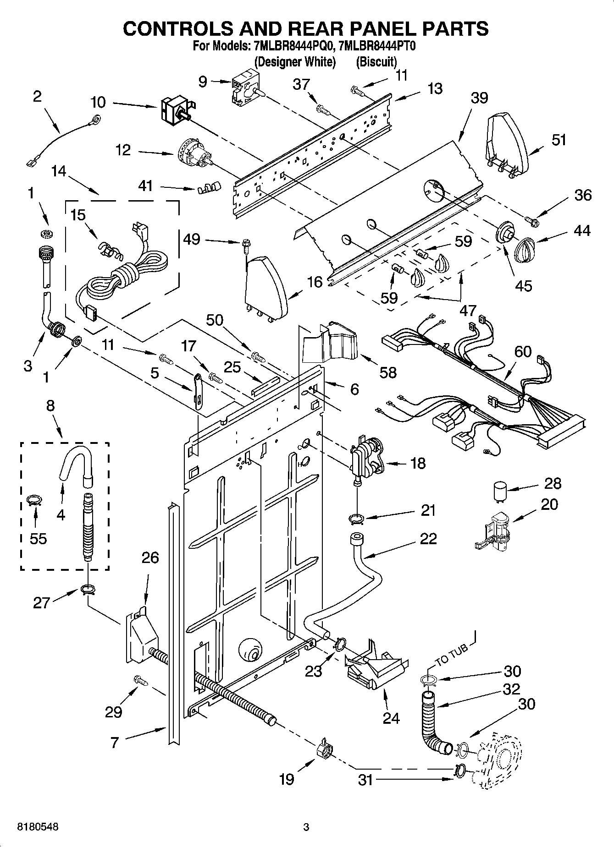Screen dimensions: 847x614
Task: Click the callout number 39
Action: pos(479,98)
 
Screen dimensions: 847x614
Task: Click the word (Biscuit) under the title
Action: pos(376,61)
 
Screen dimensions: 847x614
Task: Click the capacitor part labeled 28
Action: pos(500,492)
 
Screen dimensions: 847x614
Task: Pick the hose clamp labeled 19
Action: pos(325,749)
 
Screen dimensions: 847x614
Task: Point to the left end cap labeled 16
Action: pos(266,287)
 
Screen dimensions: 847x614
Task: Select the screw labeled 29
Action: pos(141,680)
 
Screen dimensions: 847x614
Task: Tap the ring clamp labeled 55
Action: pos(34,500)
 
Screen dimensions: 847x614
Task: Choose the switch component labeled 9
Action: pos(243,85)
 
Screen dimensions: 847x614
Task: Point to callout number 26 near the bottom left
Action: pos(150,557)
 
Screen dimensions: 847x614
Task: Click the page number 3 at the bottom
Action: pos(306,827)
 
